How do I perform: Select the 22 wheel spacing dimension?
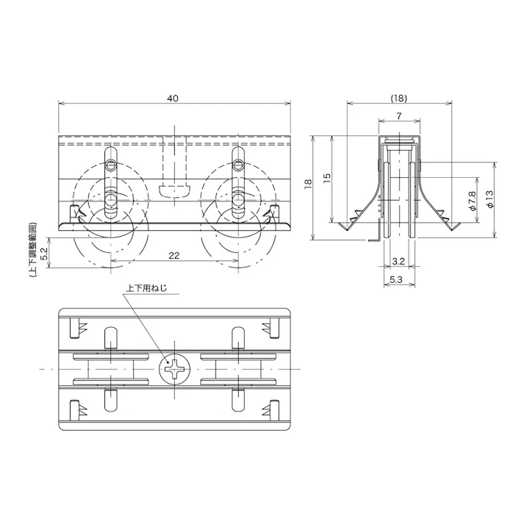click(x=175, y=254)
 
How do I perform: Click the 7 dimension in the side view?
click(x=398, y=115)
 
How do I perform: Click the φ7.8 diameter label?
click(x=472, y=200)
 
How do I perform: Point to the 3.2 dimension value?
click(x=399, y=261)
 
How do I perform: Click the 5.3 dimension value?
click(x=395, y=279)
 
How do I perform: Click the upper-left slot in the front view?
click(x=111, y=159)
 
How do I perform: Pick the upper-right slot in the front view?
click(x=239, y=159)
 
